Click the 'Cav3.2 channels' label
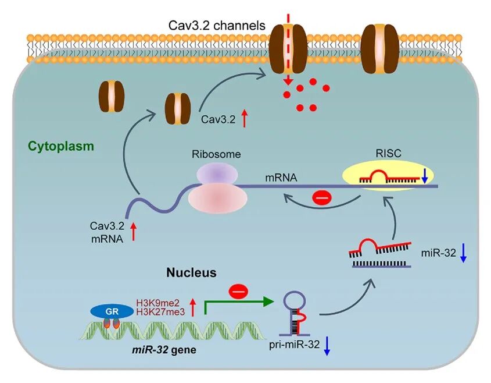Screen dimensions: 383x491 [217, 26]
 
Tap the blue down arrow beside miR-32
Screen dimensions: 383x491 [463, 253]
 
